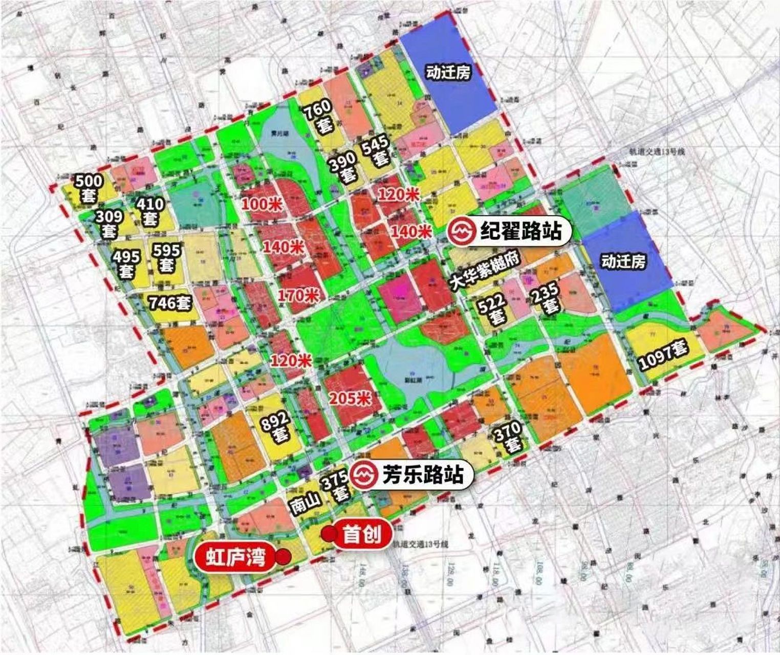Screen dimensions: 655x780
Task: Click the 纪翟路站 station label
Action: pos(520,232)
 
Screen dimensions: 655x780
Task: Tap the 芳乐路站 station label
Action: pos(423,475)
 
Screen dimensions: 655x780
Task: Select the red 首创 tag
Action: pos(362,535)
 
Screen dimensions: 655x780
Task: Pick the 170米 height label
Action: pos(298,295)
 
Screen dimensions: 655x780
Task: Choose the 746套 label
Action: pos(169,303)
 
